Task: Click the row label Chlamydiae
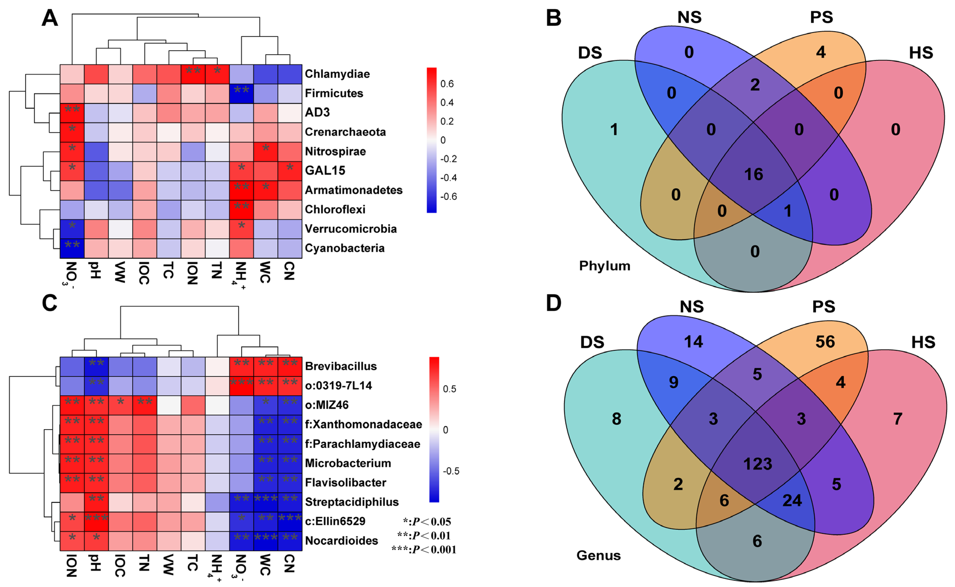click(x=337, y=74)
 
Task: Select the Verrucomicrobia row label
click(x=351, y=229)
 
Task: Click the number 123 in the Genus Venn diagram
click(x=757, y=464)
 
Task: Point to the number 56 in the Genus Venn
click(x=825, y=342)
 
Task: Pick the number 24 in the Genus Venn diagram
click(x=792, y=500)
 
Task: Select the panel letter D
click(x=554, y=303)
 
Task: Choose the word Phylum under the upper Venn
click(x=604, y=266)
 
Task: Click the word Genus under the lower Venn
click(x=598, y=556)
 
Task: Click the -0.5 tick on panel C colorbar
click(x=451, y=471)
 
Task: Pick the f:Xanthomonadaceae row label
click(x=363, y=424)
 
